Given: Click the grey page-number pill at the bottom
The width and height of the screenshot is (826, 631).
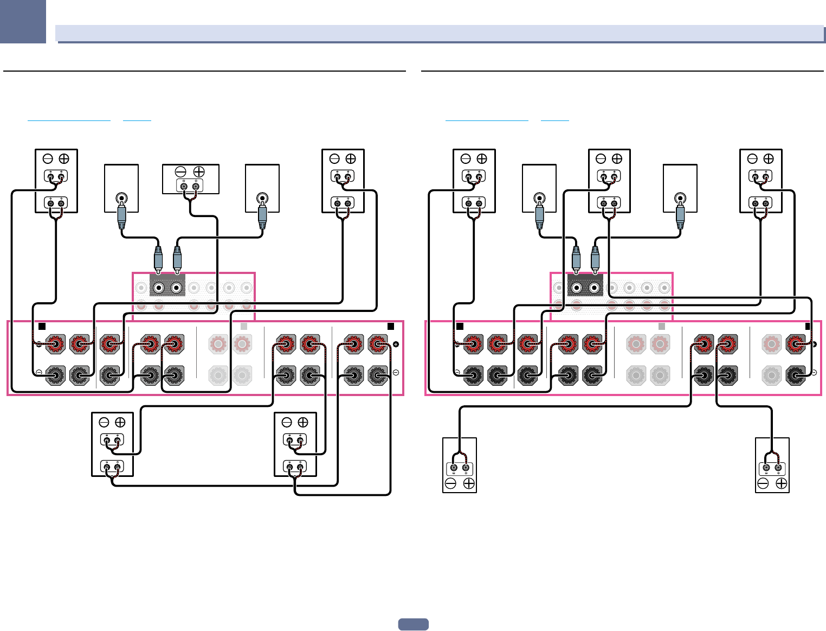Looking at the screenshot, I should [x=413, y=624].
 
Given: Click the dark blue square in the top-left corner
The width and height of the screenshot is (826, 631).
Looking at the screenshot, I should [x=23, y=21].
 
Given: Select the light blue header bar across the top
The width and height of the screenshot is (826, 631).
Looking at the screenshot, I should [x=440, y=33].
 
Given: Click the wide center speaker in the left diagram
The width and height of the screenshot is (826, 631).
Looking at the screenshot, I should [x=191, y=179].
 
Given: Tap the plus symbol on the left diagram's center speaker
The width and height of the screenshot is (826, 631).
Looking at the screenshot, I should [x=199, y=172].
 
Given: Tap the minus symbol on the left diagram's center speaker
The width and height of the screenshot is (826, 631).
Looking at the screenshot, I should [x=181, y=172].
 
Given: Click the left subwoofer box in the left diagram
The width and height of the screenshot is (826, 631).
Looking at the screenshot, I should [x=121, y=188].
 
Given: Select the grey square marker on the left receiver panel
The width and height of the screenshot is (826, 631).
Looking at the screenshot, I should [x=244, y=326].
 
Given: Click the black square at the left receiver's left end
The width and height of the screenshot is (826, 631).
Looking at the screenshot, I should [x=42, y=326].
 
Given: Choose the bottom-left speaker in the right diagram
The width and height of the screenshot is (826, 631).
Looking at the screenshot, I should [x=460, y=465].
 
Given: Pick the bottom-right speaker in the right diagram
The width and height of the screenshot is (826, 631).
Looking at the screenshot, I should [x=772, y=465].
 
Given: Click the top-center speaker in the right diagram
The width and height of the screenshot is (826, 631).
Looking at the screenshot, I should [x=609, y=181].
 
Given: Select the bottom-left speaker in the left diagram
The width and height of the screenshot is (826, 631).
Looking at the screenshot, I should [x=112, y=444].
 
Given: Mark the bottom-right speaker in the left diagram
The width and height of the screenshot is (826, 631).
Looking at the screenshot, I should [x=295, y=444].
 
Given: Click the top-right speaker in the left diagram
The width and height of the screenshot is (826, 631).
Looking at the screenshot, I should [x=343, y=181].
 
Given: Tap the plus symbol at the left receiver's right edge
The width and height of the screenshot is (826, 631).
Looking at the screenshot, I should [x=396, y=345].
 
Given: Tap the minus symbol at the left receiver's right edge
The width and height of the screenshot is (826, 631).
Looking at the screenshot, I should [x=396, y=373].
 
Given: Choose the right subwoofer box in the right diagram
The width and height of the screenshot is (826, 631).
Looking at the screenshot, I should [x=680, y=188].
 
